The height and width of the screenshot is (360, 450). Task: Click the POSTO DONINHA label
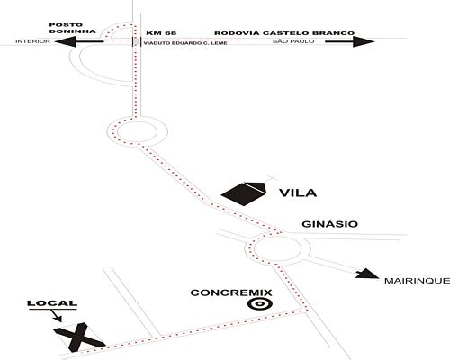pyautogui.click(x=72, y=28)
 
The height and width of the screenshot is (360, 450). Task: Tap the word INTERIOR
pyautogui.click(x=33, y=41)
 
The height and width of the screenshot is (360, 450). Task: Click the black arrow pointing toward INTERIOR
pyautogui.click(x=79, y=41)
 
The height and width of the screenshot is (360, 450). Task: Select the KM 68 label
pyautogui.click(x=161, y=33)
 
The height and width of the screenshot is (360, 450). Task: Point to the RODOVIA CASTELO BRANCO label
pyautogui.click(x=284, y=33)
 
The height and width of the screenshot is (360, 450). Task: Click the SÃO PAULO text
pyautogui.click(x=293, y=41)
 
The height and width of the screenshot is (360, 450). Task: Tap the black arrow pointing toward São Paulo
pyautogui.click(x=350, y=41)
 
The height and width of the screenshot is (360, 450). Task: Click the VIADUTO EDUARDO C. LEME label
pyautogui.click(x=185, y=43)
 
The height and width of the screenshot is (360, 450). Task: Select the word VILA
pyautogui.click(x=298, y=193)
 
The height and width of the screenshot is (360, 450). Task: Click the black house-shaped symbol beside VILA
pyautogui.click(x=244, y=193)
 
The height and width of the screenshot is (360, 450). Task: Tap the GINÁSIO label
pyautogui.click(x=329, y=224)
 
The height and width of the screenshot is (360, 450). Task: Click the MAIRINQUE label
pyautogui.click(x=418, y=281)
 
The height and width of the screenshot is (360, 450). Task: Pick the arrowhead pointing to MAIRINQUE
pyautogui.click(x=367, y=274)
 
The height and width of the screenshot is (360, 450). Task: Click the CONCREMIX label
pyautogui.click(x=231, y=292)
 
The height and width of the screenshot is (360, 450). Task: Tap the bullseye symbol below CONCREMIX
pyautogui.click(x=260, y=304)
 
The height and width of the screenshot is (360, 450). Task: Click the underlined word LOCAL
pyautogui.click(x=52, y=303)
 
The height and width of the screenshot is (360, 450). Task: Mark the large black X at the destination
pyautogui.click(x=78, y=337)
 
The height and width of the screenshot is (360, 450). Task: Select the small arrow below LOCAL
pyautogui.click(x=57, y=316)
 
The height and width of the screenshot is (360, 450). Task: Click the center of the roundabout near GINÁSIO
pyautogui.click(x=277, y=248)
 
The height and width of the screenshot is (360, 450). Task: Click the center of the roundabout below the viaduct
pyautogui.click(x=137, y=131)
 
